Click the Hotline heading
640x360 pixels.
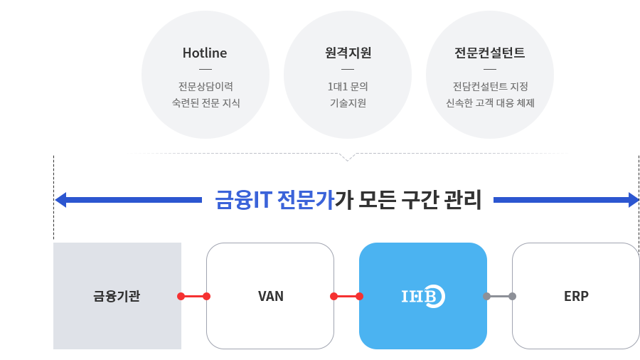click(x=205, y=53)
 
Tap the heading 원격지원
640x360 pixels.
click(x=348, y=53)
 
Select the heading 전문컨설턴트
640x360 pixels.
click(x=490, y=53)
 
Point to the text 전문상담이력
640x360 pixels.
click(x=206, y=87)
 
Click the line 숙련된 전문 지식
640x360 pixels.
click(x=206, y=103)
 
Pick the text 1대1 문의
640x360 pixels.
click(x=348, y=87)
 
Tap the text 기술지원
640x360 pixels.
click(x=348, y=103)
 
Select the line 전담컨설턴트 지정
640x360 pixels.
click(x=490, y=87)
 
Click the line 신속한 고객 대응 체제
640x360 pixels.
click(x=490, y=103)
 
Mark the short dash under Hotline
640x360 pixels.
click(x=206, y=70)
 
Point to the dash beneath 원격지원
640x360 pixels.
click(x=348, y=70)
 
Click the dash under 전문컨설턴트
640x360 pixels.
click(x=490, y=70)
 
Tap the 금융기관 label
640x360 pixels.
click(x=117, y=296)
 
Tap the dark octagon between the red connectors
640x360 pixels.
click(x=270, y=295)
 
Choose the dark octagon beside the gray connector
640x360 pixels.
click(x=576, y=295)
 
